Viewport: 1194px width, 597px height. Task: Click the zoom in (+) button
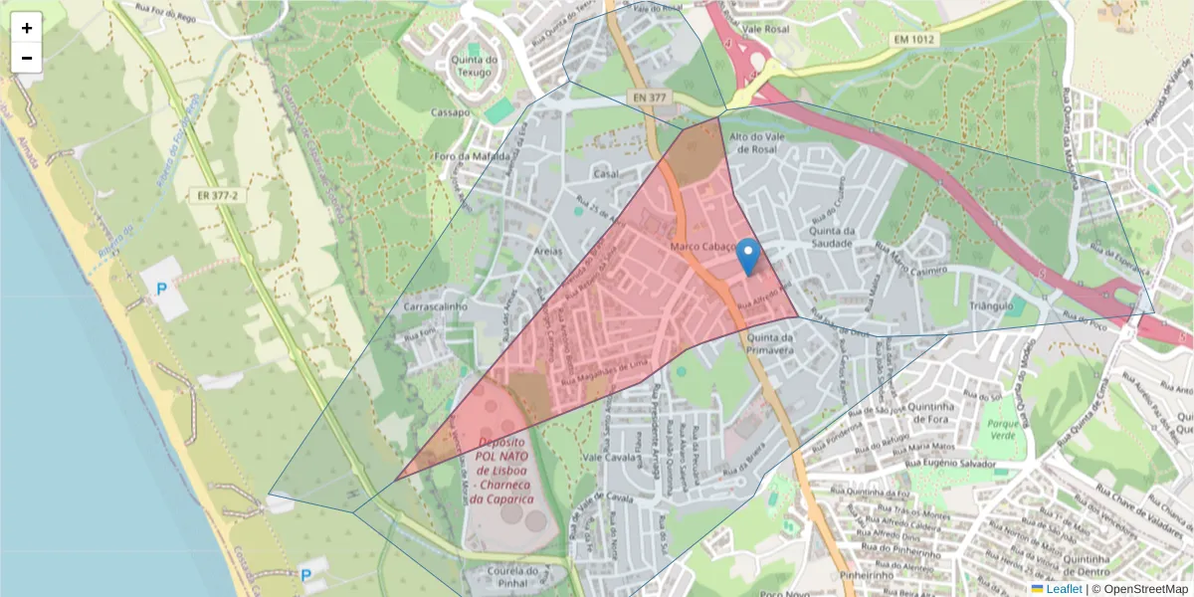coord(27,28)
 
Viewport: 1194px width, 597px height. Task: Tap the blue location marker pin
coord(747,256)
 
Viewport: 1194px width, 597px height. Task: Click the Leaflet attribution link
coord(1064,589)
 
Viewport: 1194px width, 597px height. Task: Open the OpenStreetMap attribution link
coord(1141,589)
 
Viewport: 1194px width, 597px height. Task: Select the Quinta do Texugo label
coord(474,66)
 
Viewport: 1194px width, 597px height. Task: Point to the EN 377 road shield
coord(652,98)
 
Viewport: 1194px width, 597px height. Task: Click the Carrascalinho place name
coord(436,307)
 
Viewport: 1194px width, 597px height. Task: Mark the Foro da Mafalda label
coord(473,156)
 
